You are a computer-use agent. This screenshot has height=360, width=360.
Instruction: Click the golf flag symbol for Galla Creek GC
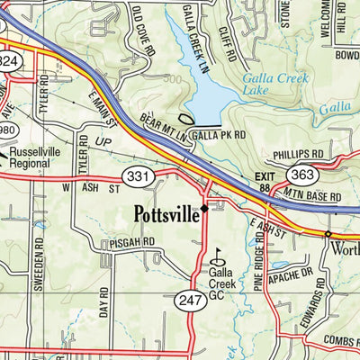pos(216,253)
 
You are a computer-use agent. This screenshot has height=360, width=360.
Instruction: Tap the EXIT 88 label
pos(263,181)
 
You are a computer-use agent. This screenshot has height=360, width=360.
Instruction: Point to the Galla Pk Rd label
pos(220,135)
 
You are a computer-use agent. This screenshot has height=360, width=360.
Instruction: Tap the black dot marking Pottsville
pos(205,209)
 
